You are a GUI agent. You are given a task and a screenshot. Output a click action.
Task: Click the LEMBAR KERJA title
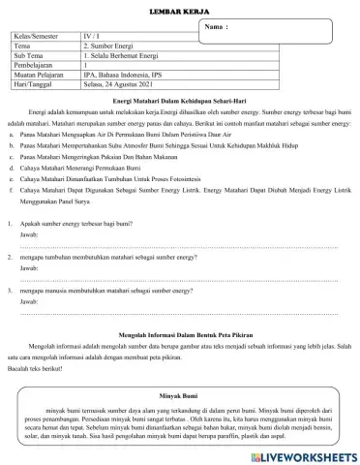(180, 8)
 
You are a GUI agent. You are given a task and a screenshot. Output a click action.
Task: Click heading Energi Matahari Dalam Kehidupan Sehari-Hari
(180, 101)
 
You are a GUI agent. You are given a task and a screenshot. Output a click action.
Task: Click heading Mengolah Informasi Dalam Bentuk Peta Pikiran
(180, 333)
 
